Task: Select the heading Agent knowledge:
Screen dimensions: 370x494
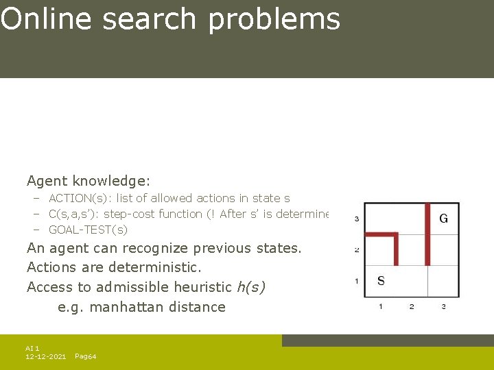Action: coord(89,181)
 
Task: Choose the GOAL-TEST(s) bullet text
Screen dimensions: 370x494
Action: coord(88,230)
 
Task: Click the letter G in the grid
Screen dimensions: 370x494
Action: coord(443,219)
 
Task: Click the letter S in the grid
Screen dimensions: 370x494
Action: coord(381,280)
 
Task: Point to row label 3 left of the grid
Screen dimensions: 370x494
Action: coord(356,219)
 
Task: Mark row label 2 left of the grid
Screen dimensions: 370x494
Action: coord(356,250)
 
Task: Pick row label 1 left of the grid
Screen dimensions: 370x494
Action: coord(356,281)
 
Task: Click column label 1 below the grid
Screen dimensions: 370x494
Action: coord(381,306)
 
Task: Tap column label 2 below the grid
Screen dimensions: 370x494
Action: coord(412,306)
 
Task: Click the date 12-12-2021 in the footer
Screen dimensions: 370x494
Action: coord(45,357)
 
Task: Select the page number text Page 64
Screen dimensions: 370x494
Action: coord(85,357)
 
